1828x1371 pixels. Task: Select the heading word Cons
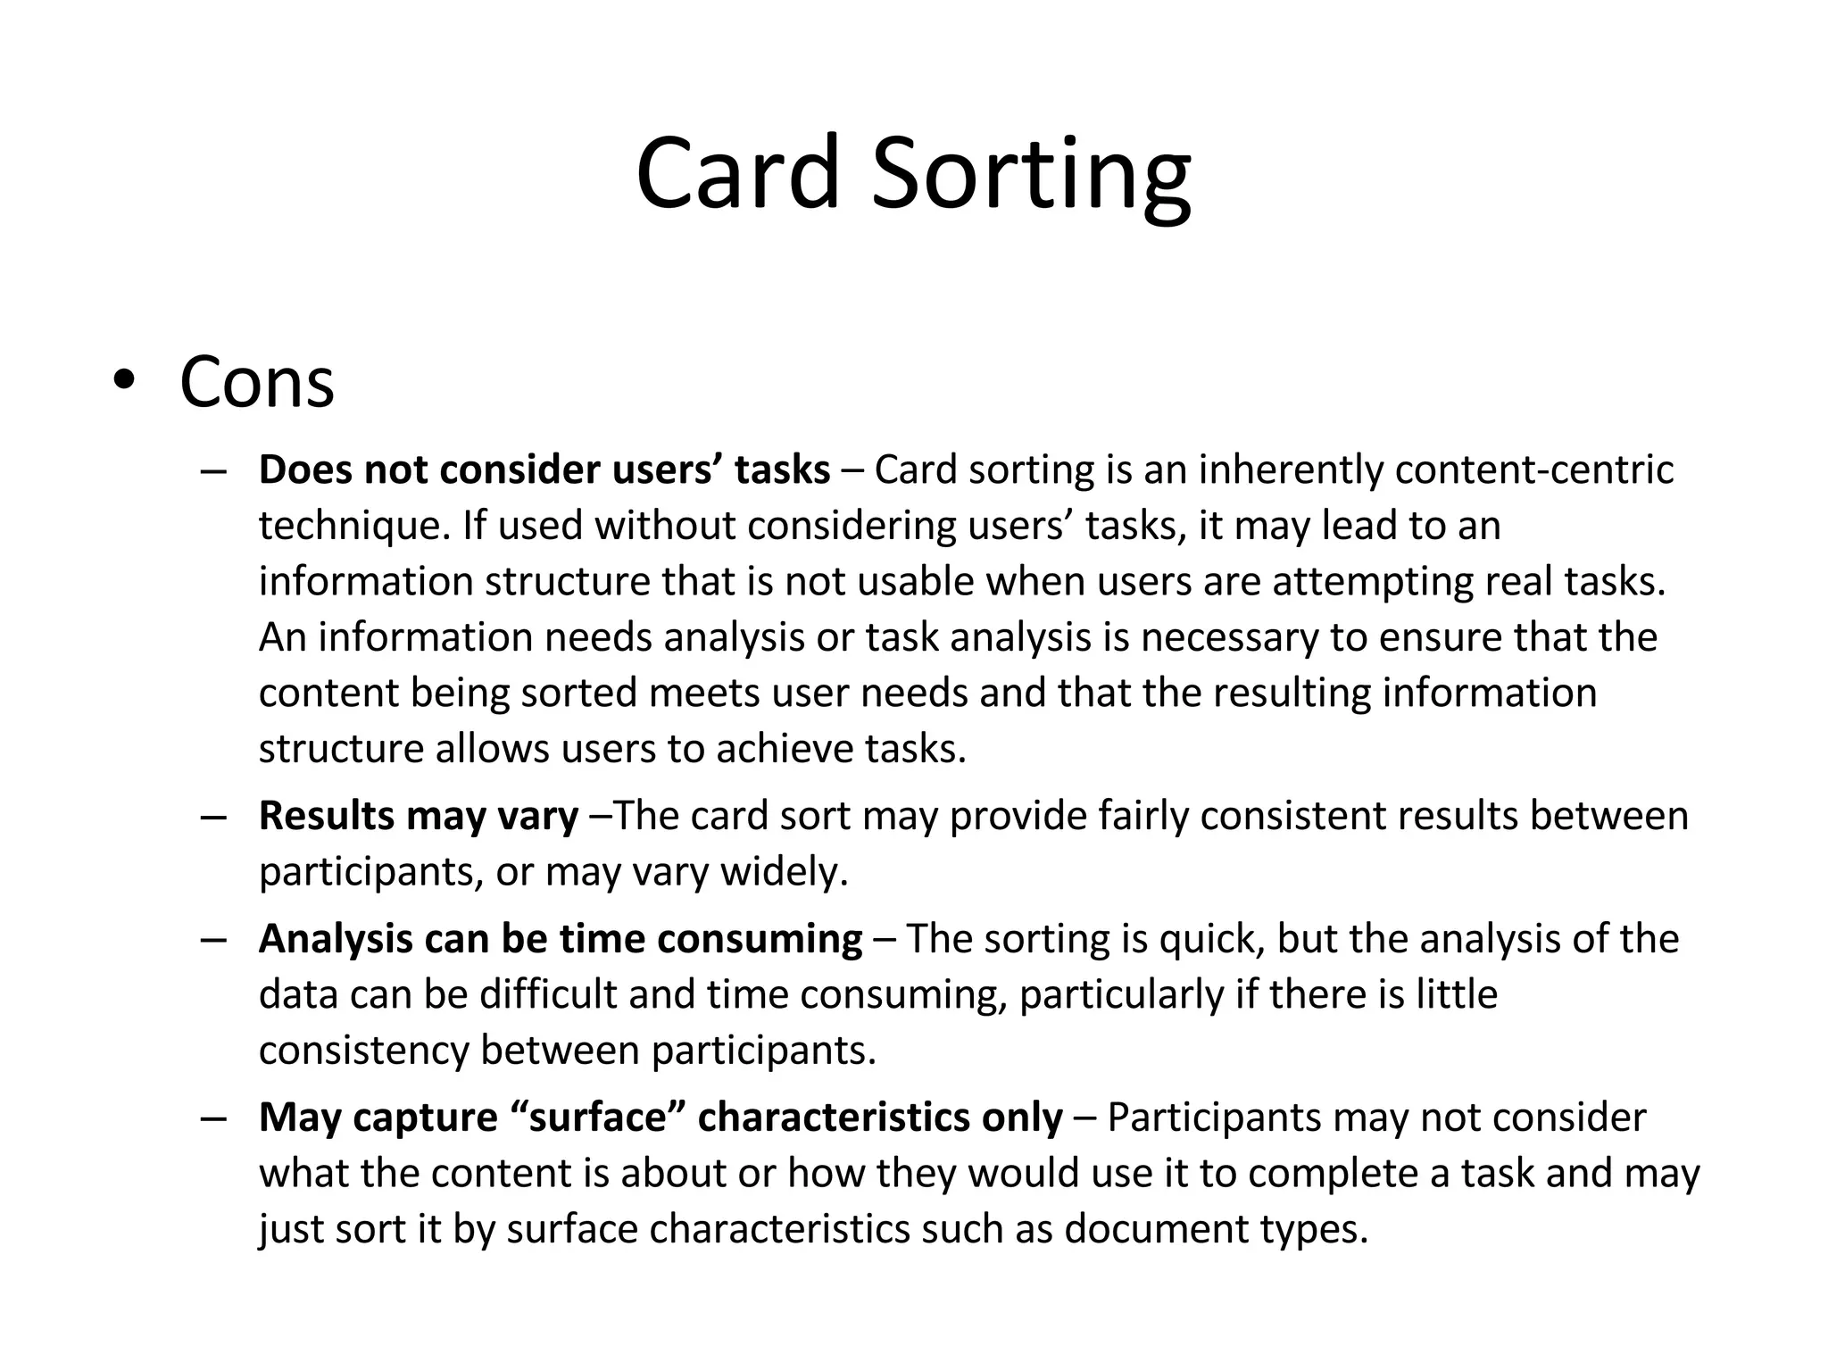pyautogui.click(x=257, y=382)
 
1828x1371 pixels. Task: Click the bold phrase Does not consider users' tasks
pyautogui.click(x=544, y=470)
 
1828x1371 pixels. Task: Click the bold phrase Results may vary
pyautogui.click(x=418, y=816)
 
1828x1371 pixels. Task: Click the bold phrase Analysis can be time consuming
pyautogui.click(x=560, y=939)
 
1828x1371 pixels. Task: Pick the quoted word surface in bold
pyautogui.click(x=598, y=1118)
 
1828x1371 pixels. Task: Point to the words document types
pyautogui.click(x=1217, y=1229)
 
